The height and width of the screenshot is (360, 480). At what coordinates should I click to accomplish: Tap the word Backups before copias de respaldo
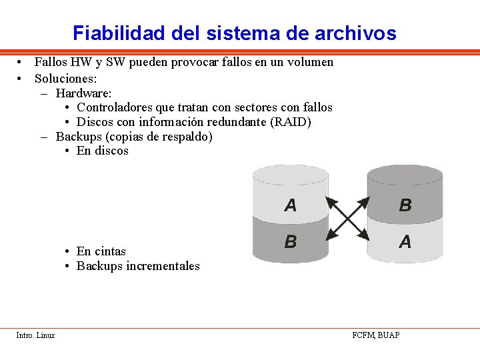tap(75, 137)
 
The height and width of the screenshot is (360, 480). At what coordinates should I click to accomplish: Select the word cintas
tap(110, 251)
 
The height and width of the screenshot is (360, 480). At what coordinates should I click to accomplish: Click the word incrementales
tap(163, 266)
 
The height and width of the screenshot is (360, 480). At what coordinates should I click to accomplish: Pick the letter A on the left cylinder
tap(291, 205)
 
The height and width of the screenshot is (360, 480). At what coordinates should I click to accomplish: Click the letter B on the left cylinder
tap(291, 241)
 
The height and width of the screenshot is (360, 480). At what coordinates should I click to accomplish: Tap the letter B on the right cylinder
tap(405, 205)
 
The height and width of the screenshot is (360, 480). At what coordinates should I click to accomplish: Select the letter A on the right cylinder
tap(405, 241)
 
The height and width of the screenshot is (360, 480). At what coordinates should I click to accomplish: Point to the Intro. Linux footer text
tap(36, 335)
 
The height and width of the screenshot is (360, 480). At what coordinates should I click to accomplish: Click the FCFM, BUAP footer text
tap(376, 335)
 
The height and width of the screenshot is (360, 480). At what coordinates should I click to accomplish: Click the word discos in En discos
tap(111, 151)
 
